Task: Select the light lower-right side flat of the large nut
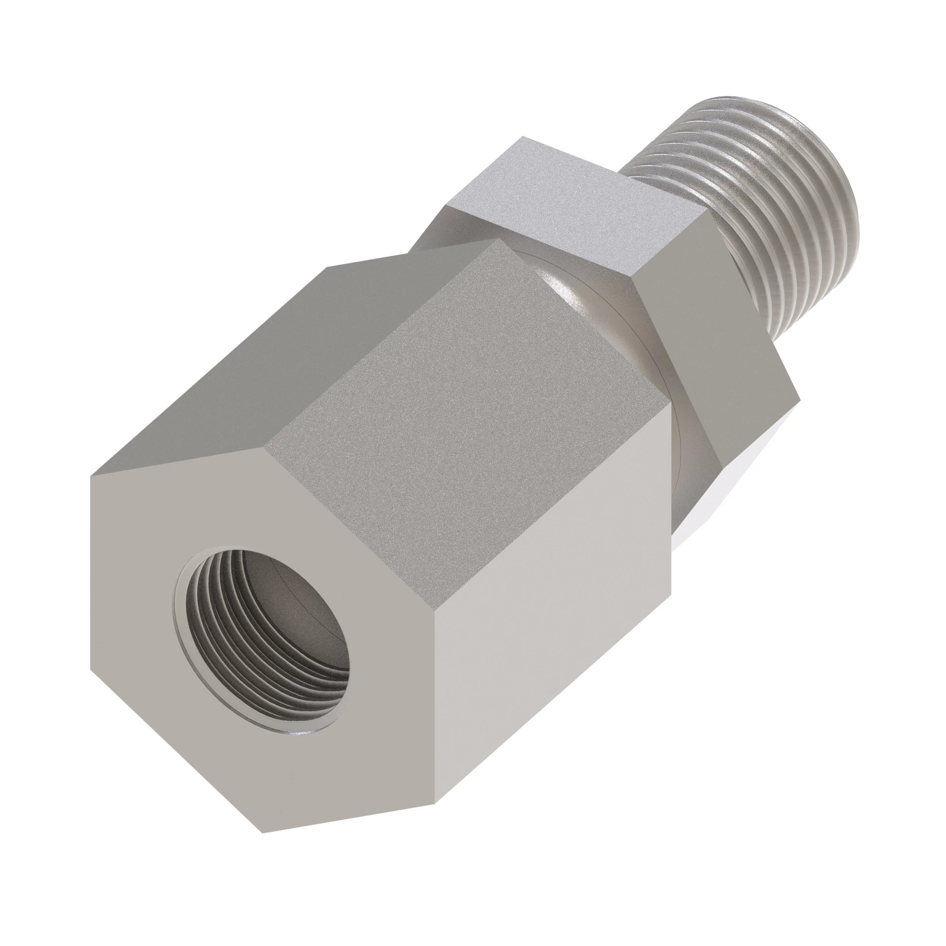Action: click(x=548, y=612)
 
